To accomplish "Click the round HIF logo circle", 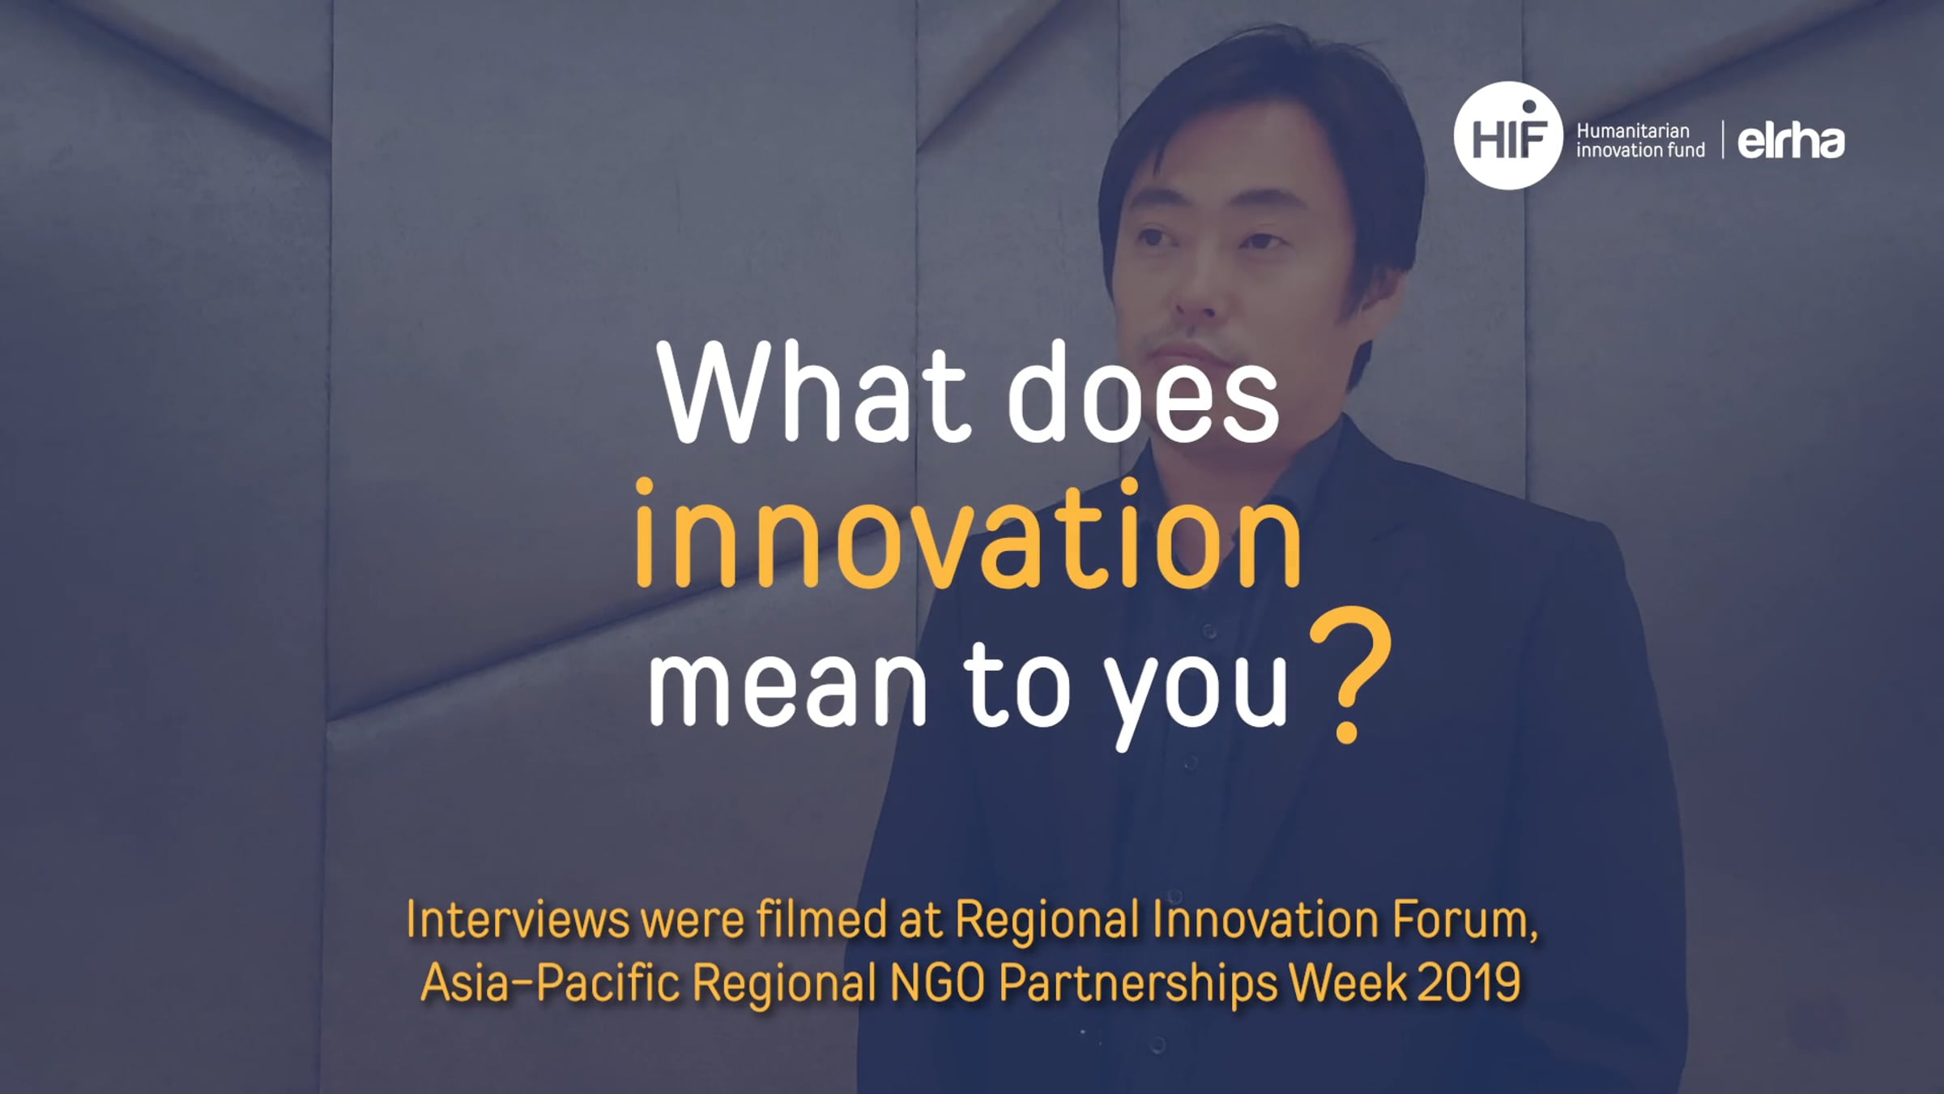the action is point(1507,135).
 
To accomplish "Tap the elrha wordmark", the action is point(1791,141).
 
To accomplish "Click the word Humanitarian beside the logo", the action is point(1632,130).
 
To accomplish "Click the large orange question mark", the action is point(1350,674).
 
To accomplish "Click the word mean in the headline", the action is point(787,685).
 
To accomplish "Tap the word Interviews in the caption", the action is point(518,920).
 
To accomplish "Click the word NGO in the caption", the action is point(937,982).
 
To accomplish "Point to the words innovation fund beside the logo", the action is point(1640,151).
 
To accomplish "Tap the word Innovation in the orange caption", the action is point(1264,920).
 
